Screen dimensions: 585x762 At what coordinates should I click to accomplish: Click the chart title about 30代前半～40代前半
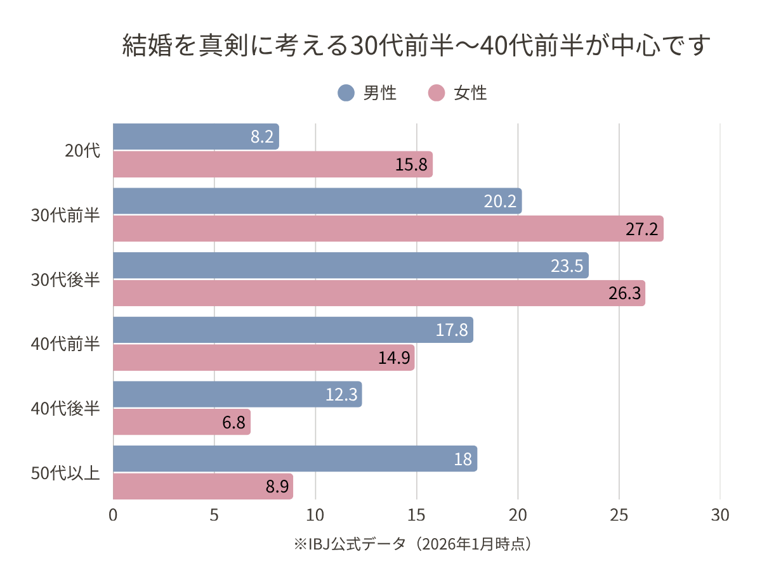414,47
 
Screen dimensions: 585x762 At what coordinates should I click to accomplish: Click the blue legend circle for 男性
346,93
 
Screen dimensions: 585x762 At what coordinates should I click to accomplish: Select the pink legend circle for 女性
437,93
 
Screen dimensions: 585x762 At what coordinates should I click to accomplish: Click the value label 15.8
414,165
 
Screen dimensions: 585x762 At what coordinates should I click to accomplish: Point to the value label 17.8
452,330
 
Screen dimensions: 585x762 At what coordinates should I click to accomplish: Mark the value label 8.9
277,487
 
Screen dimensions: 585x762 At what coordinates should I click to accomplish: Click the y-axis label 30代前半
66,215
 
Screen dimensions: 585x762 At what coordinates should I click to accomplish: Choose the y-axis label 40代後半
66,409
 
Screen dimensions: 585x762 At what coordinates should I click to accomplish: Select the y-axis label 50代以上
66,473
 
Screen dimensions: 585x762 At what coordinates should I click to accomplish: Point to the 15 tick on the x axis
416,515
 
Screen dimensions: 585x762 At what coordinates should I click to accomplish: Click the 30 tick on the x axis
720,515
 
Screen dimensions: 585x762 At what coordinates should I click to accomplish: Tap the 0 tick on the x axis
114,515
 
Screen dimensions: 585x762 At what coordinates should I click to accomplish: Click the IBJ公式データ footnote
412,544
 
